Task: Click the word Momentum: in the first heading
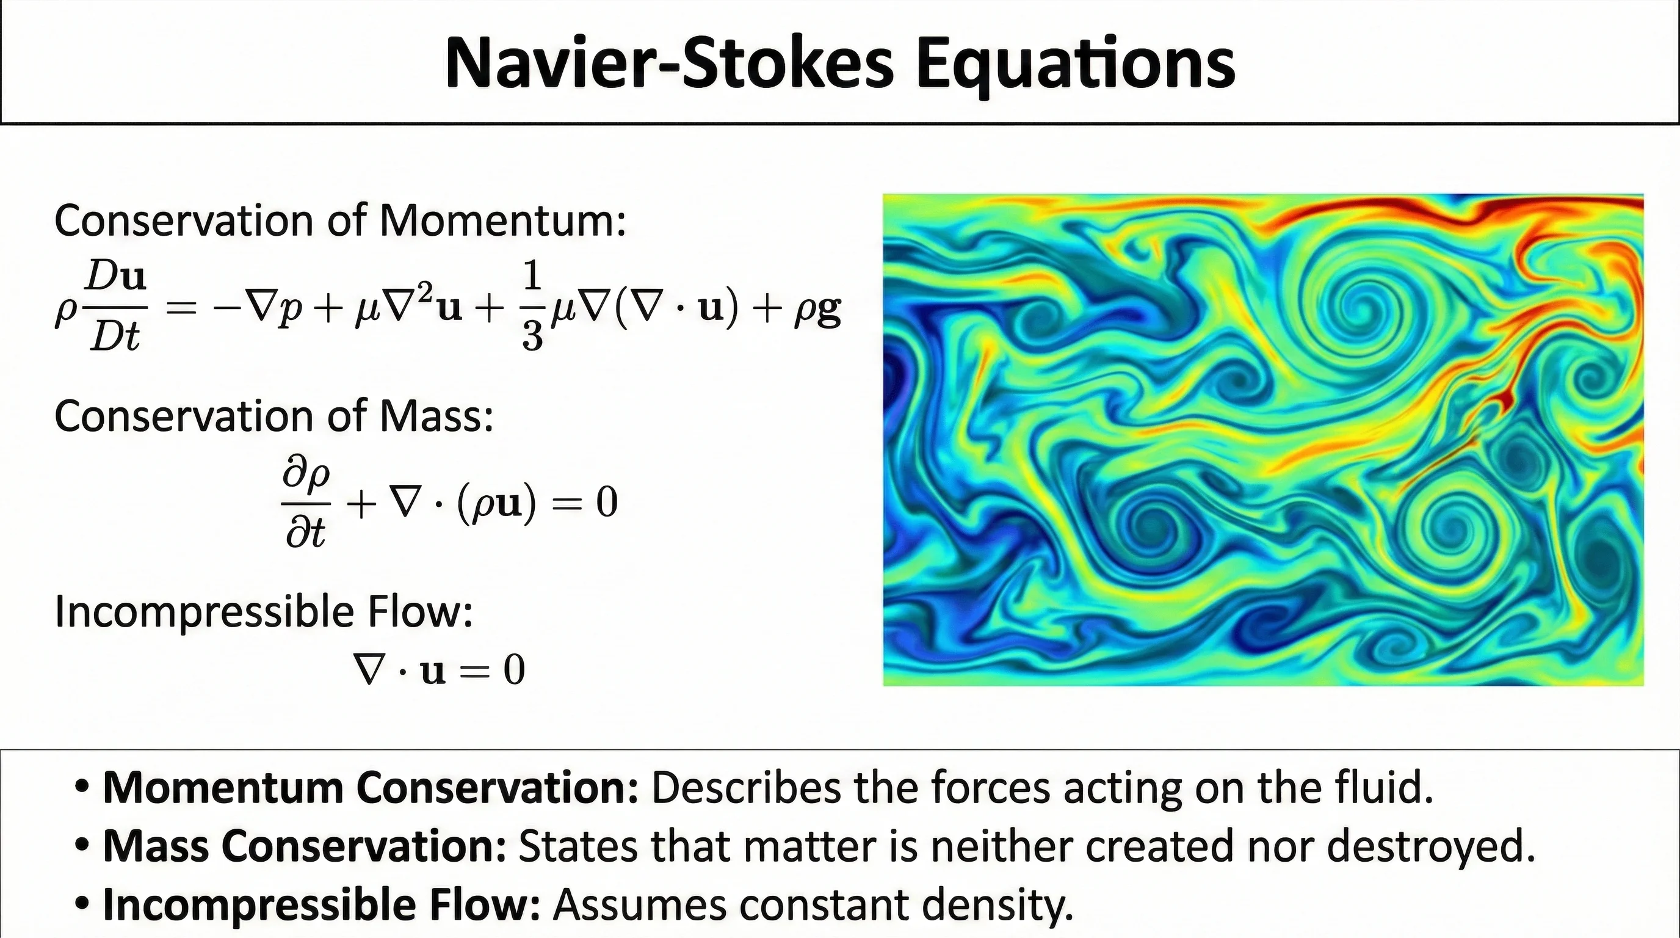click(502, 221)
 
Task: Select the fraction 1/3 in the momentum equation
click(532, 307)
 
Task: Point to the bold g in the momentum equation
click(830, 313)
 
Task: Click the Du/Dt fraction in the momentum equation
click(116, 307)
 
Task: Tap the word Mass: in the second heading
click(436, 416)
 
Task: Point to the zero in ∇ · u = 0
click(514, 669)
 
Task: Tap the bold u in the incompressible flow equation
click(433, 672)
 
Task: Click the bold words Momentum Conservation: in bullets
click(371, 787)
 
